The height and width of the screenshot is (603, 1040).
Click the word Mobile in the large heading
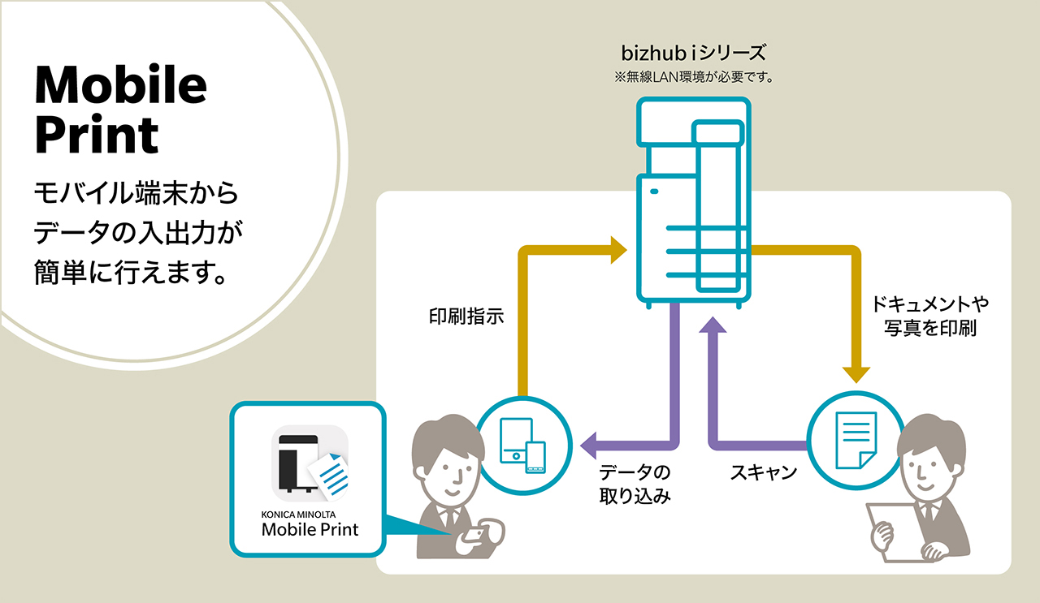[x=120, y=85]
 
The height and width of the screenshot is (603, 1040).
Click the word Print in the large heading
[x=96, y=135]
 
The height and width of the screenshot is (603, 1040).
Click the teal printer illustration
[x=691, y=203]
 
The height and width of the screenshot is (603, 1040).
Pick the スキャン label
[x=764, y=473]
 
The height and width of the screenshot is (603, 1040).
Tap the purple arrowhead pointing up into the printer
[x=713, y=325]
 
